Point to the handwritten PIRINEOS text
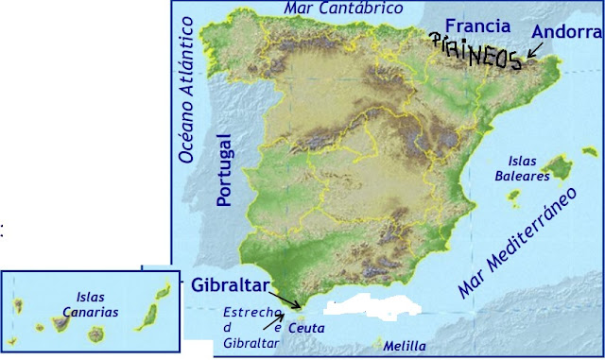coord(475,52)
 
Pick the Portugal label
coord(224,169)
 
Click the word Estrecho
coord(248,312)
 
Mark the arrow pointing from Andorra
coord(536,49)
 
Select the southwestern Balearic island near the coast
coord(515,199)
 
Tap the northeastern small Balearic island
coord(588,152)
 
